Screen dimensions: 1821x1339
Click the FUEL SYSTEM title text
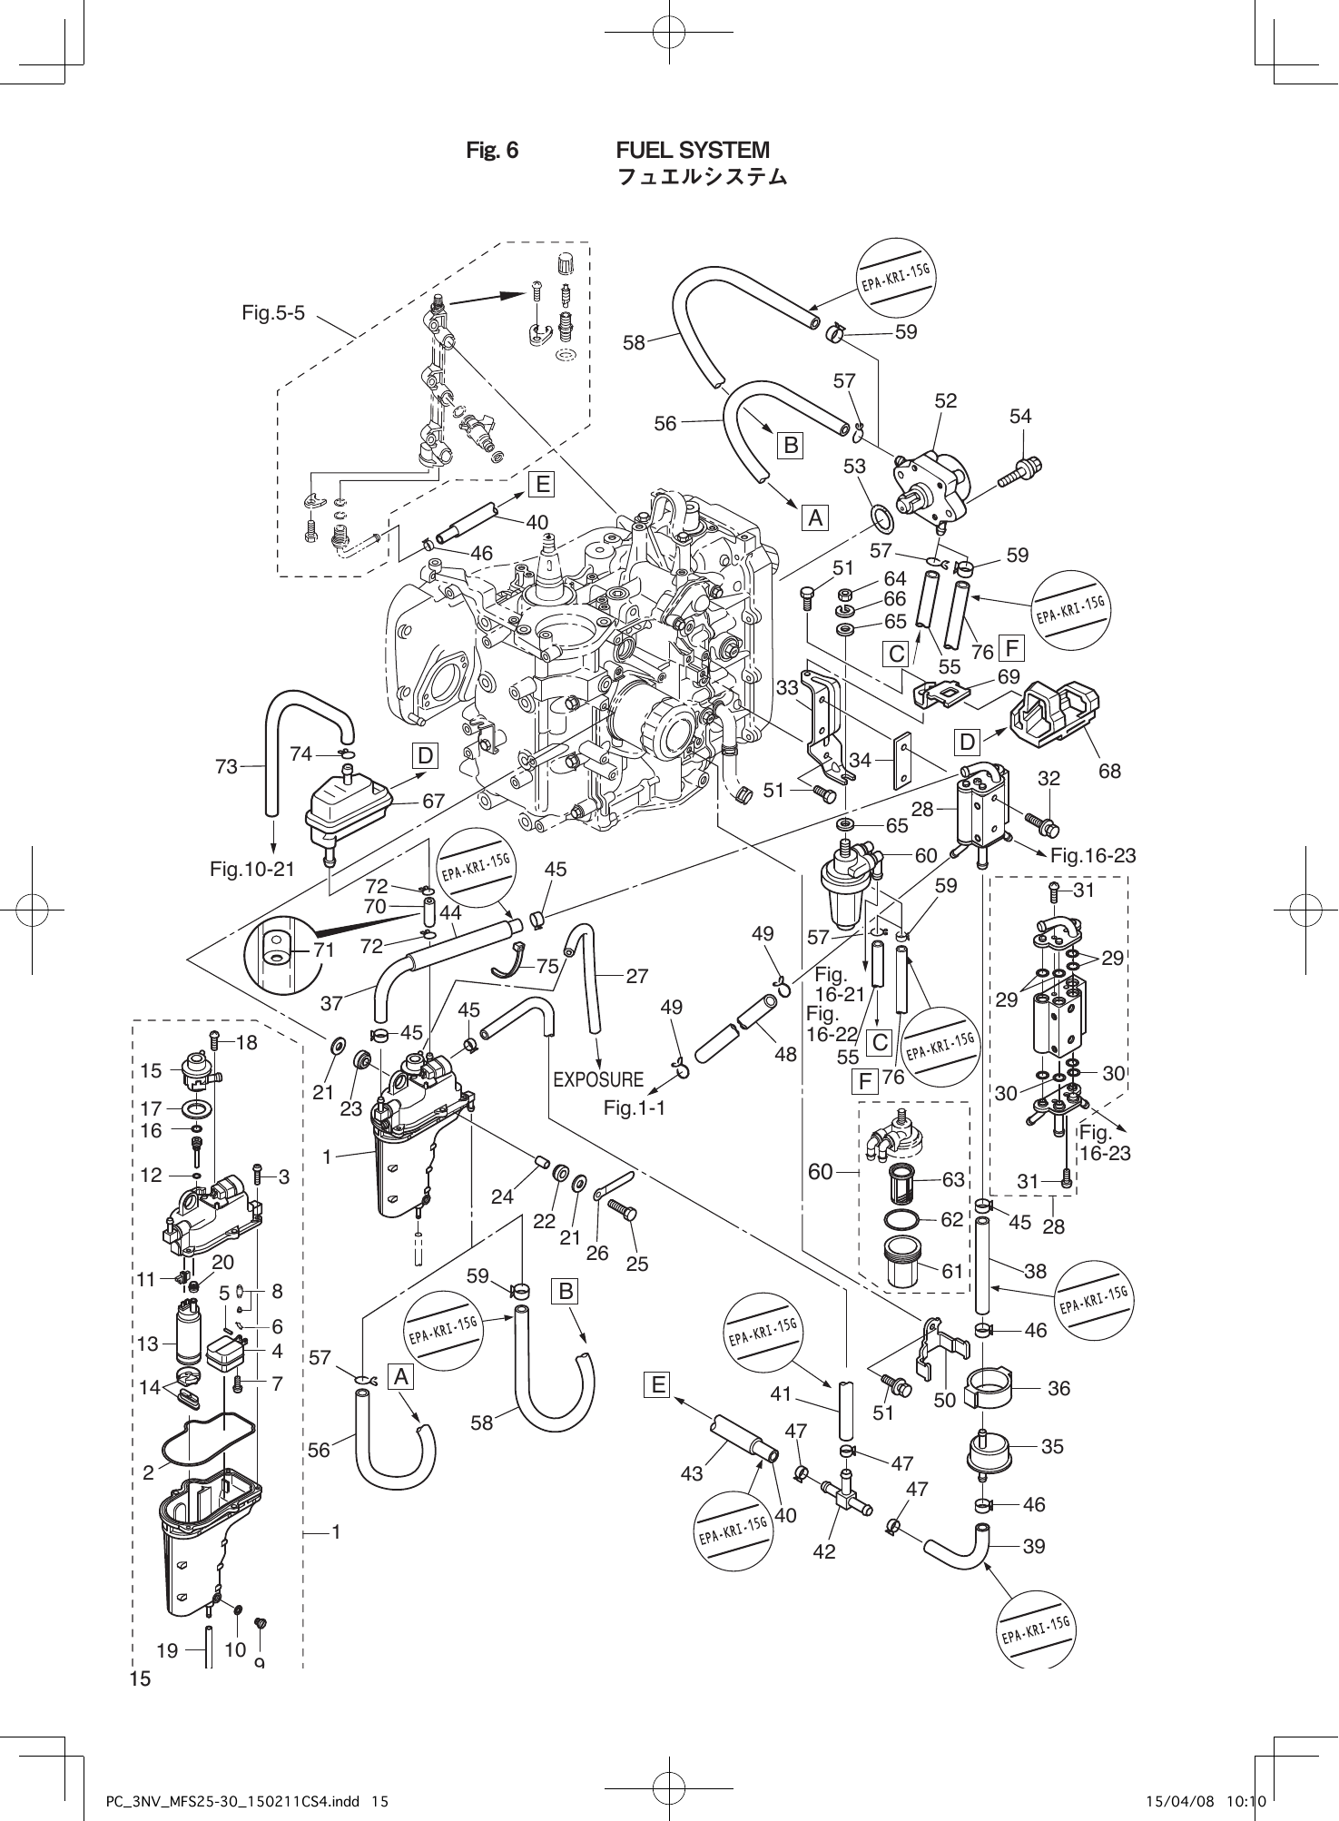coord(692,150)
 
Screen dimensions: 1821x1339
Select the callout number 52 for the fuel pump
coord(946,400)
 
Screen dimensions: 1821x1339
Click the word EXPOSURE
coord(597,1080)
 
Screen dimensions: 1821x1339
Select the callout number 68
coord(1109,771)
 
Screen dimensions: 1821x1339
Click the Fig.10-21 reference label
coord(252,869)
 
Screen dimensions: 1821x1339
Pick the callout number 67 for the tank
coord(434,802)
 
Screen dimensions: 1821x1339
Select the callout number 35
coord(1052,1446)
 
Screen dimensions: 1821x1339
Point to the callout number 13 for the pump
coord(148,1344)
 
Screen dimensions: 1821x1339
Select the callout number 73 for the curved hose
coord(226,766)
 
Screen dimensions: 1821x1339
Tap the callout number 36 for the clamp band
coord(1058,1388)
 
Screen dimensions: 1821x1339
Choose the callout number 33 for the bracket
coord(787,688)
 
